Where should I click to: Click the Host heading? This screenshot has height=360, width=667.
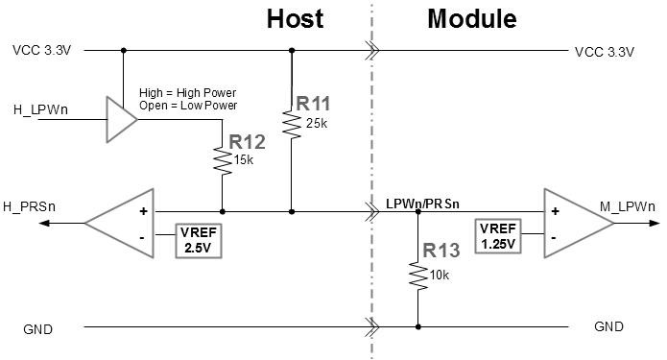pyautogui.click(x=295, y=19)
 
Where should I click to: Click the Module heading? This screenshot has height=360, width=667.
pyautogui.click(x=471, y=19)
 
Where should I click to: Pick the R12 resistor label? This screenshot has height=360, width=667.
pyautogui.click(x=246, y=143)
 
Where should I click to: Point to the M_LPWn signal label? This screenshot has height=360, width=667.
pyautogui.click(x=628, y=207)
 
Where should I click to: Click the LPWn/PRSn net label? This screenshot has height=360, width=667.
pyautogui.click(x=422, y=204)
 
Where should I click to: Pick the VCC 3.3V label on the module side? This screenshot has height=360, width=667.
pyautogui.click(x=604, y=51)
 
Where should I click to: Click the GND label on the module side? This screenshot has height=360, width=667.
pyautogui.click(x=608, y=327)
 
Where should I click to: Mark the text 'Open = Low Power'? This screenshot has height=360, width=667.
pyautogui.click(x=188, y=106)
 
